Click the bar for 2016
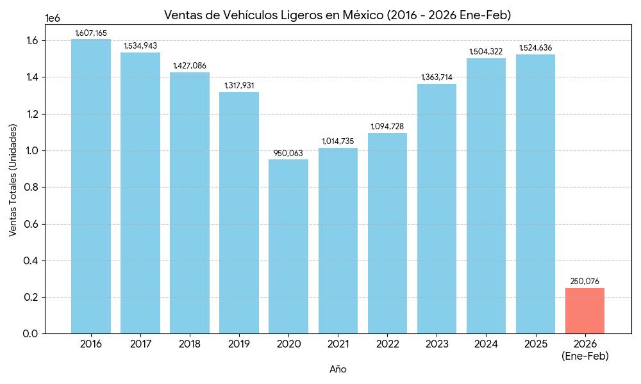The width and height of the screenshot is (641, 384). (x=91, y=186)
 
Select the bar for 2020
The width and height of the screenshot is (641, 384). (x=288, y=246)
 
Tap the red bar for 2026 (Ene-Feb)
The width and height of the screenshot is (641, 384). (x=585, y=310)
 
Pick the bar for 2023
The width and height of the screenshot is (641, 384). (x=437, y=209)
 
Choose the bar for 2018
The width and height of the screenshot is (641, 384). (x=190, y=203)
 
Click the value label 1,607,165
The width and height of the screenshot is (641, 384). (x=91, y=33)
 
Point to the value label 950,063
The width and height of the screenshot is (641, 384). (x=288, y=153)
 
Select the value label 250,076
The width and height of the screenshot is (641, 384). (x=585, y=282)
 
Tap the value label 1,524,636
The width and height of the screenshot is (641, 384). (x=535, y=48)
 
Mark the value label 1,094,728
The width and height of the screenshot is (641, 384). (x=387, y=127)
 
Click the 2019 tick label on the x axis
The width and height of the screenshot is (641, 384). (x=239, y=344)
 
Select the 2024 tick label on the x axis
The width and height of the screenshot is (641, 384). (x=486, y=344)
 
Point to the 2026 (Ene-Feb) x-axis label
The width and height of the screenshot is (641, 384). (x=585, y=350)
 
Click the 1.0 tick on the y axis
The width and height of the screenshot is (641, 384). (x=30, y=151)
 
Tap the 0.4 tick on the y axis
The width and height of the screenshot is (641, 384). (x=30, y=261)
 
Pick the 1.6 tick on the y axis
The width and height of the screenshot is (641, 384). (x=30, y=41)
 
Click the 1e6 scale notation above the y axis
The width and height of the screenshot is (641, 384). (x=53, y=19)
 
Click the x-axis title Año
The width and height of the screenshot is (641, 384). (x=338, y=369)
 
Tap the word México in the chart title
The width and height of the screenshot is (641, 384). (x=360, y=15)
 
